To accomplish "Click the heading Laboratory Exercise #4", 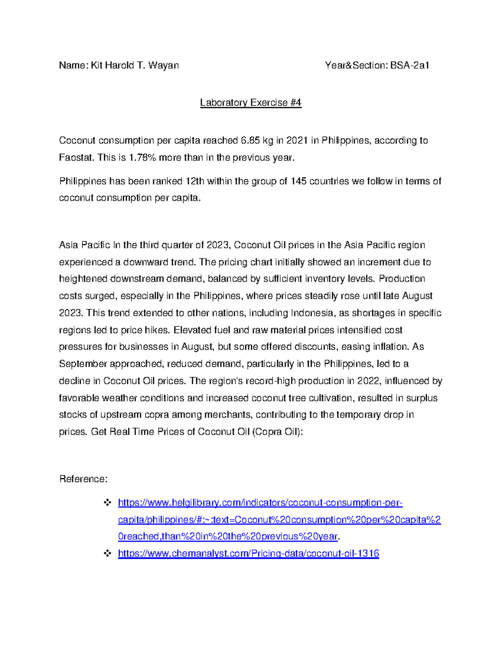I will [251, 103].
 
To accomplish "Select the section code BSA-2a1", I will [410, 65].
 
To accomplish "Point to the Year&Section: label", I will [356, 65].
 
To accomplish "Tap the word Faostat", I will [77, 158].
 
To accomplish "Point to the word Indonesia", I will [312, 313].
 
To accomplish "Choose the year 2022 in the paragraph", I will [368, 381].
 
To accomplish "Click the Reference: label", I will [83, 479].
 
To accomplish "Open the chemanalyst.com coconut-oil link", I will [248, 553].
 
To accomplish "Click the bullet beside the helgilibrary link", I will [107, 503].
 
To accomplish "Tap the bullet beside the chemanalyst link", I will [107, 553].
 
